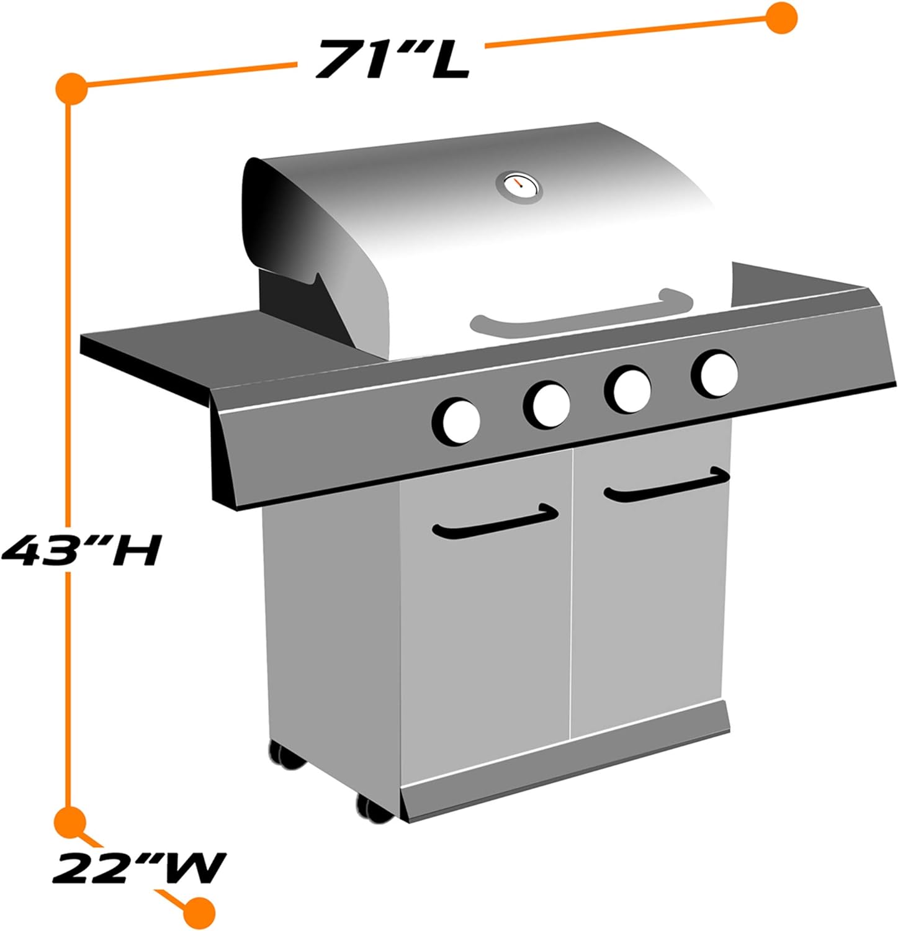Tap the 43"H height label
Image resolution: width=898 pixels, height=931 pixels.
81,550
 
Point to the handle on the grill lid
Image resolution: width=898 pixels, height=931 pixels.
580,310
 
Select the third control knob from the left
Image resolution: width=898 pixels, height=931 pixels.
628,390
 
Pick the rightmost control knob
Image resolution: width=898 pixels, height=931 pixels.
715,374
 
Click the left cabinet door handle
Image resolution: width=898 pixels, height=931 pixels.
495,522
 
